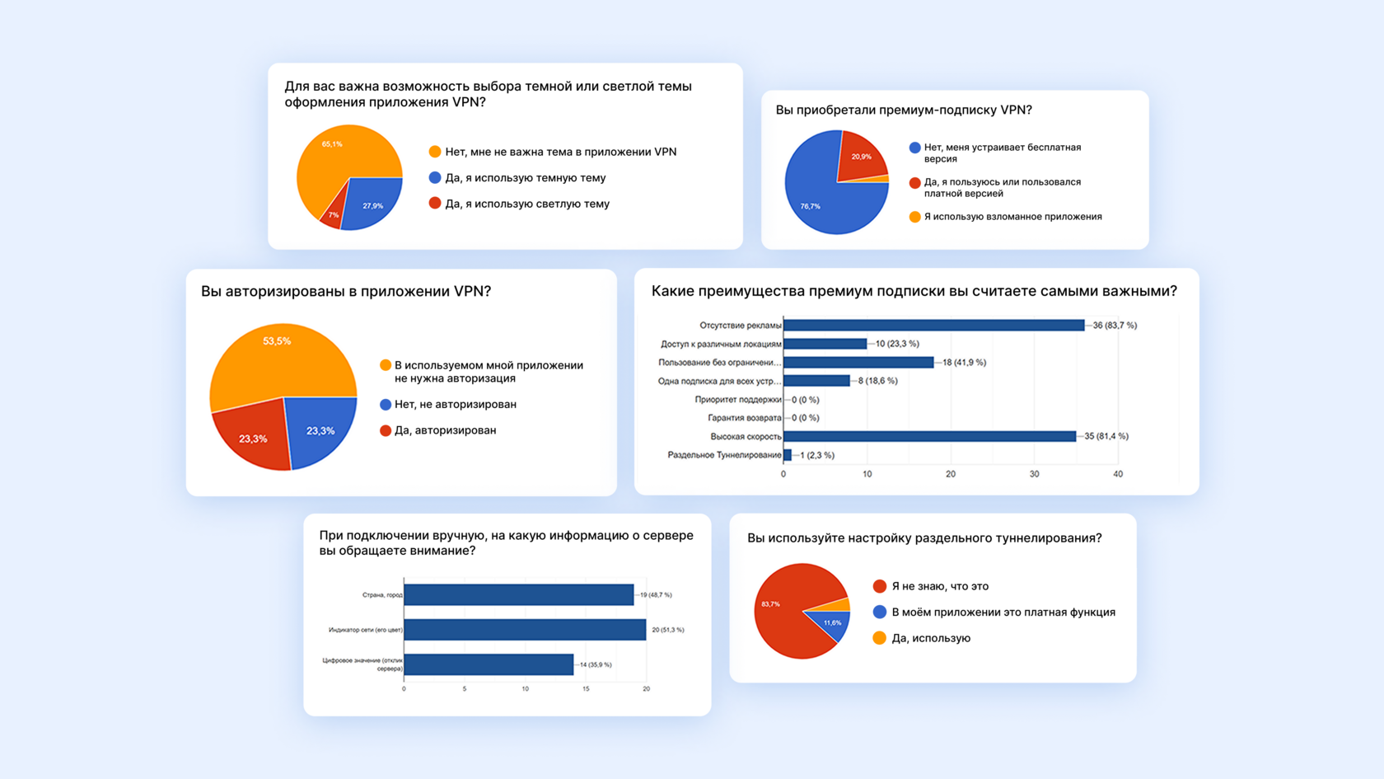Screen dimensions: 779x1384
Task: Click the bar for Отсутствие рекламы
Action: tap(933, 326)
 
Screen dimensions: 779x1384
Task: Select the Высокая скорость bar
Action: tap(929, 436)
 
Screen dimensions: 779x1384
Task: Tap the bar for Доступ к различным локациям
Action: tap(825, 344)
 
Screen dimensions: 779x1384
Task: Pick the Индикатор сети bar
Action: tap(525, 630)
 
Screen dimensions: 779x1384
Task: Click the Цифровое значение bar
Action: tap(489, 664)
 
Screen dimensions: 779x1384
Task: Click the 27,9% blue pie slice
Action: tap(370, 202)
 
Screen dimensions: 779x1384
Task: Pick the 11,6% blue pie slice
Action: tap(830, 623)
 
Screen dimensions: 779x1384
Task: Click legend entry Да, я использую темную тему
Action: tap(525, 178)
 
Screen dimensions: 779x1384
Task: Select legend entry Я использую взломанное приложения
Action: tap(1012, 217)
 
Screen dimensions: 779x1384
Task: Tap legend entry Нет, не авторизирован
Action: tap(455, 405)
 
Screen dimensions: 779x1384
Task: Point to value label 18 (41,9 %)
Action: tap(964, 363)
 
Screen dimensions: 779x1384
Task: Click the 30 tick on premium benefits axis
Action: tap(1034, 474)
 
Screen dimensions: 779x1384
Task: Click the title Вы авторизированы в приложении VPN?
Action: tap(346, 291)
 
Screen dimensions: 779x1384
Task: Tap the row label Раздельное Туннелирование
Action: tap(724, 455)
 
